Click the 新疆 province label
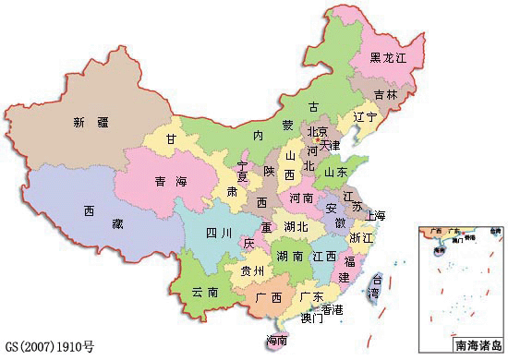tap(91, 121)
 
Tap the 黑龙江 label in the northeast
tap(388, 57)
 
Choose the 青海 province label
tap(169, 182)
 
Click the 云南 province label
tap(205, 291)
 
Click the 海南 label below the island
tap(276, 340)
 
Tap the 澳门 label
tap(311, 318)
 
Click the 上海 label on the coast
tap(376, 215)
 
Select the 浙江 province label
tap(361, 237)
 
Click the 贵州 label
tap(252, 270)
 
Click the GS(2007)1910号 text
tap(49, 348)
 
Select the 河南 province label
tap(302, 198)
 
